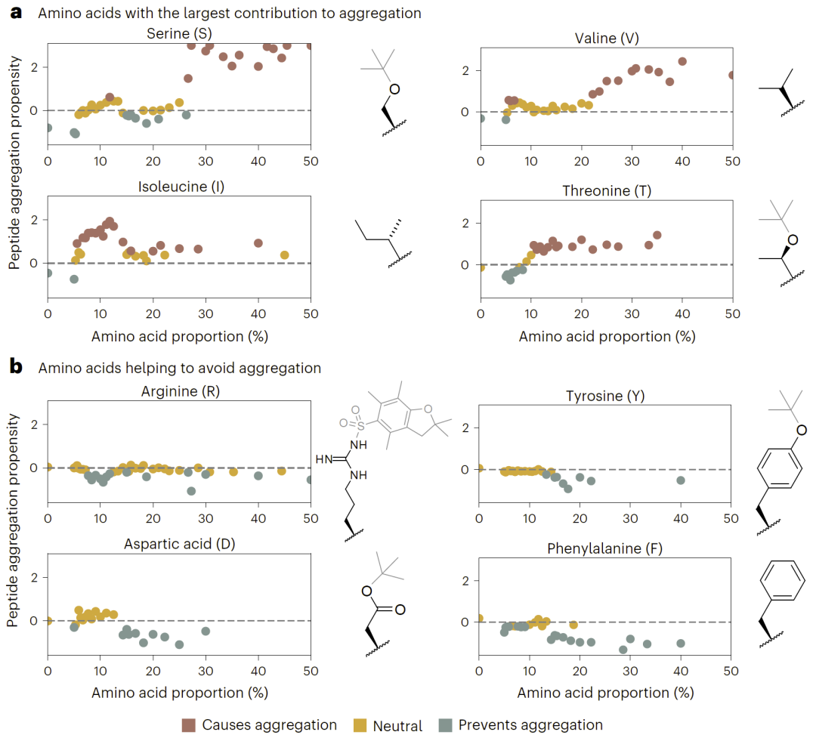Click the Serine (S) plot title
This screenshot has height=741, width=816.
179,32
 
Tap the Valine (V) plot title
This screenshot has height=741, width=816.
607,39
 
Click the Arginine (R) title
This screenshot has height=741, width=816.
180,391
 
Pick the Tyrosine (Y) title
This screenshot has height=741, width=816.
604,396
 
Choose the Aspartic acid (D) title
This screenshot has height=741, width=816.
179,544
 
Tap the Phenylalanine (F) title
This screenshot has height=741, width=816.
604,548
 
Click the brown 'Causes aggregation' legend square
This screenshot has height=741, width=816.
189,726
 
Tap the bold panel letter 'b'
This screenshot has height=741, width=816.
14,368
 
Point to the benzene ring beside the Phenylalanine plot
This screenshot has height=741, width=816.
777,586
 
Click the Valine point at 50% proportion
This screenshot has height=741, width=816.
731,75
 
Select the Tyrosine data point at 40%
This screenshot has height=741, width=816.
681,480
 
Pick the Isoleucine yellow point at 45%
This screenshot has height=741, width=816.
284,255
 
